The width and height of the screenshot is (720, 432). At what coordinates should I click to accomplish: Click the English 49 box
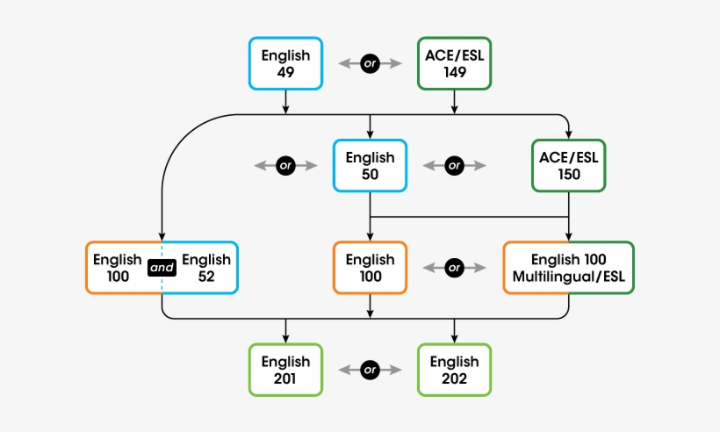click(x=285, y=63)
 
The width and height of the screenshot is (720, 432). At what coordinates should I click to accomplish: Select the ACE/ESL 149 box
click(x=454, y=63)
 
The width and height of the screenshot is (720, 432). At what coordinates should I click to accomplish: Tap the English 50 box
click(x=370, y=165)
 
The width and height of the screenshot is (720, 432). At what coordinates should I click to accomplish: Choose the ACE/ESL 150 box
click(x=568, y=165)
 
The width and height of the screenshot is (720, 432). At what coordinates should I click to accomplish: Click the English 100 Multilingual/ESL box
click(x=568, y=268)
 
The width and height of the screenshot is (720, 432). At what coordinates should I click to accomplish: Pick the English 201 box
click(x=285, y=370)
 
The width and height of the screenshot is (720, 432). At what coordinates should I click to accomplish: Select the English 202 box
click(x=454, y=370)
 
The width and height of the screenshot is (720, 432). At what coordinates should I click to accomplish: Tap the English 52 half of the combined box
click(x=205, y=268)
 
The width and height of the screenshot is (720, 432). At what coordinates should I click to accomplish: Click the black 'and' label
click(x=162, y=268)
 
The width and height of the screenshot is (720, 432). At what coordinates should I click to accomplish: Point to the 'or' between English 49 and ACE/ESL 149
click(x=370, y=64)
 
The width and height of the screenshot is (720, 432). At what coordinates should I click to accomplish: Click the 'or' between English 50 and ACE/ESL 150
click(x=454, y=165)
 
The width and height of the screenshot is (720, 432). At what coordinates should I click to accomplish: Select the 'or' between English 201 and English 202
click(x=370, y=370)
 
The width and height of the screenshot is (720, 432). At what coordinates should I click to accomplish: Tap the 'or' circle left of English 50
click(x=285, y=165)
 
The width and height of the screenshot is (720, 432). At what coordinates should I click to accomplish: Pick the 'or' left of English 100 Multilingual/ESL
click(x=454, y=268)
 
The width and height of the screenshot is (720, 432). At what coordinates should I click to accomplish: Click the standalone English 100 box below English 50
click(x=370, y=268)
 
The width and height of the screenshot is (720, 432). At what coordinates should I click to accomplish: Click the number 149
click(x=454, y=72)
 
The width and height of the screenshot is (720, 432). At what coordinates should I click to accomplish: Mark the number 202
click(x=454, y=378)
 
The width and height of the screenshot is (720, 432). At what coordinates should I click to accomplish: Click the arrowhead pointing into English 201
click(x=285, y=339)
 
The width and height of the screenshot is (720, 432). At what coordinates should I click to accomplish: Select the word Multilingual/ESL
click(x=568, y=277)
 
